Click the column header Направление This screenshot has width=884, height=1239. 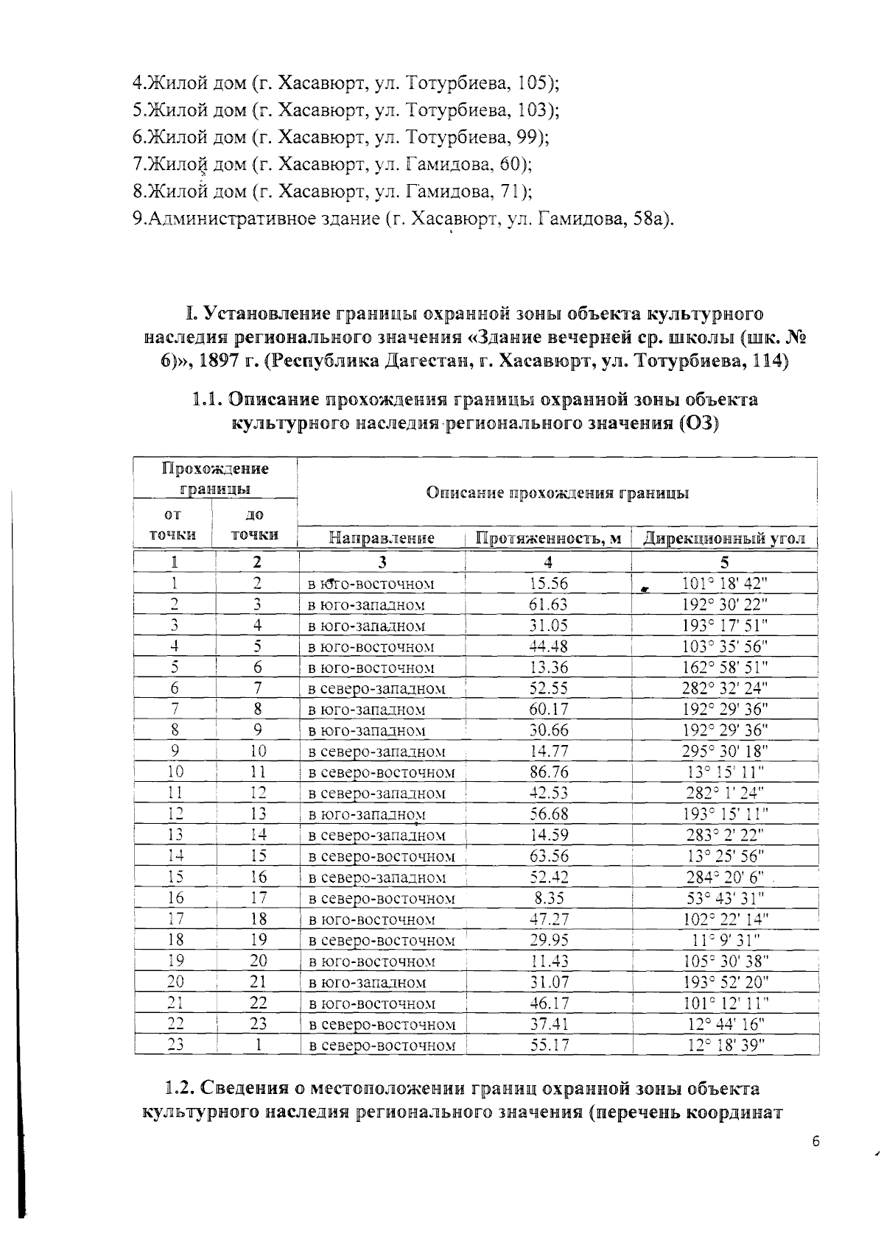pyautogui.click(x=382, y=539)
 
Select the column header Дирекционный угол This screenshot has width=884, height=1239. pyautogui.click(x=724, y=539)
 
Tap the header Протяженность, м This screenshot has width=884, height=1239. pyautogui.click(x=548, y=539)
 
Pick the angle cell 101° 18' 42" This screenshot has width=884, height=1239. pyautogui.click(x=725, y=584)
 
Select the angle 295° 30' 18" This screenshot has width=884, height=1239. pyautogui.click(x=725, y=752)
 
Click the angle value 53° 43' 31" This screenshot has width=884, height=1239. pyautogui.click(x=725, y=898)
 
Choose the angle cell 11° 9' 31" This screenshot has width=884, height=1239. pyautogui.click(x=725, y=940)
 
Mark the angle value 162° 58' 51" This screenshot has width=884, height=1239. pyautogui.click(x=725, y=668)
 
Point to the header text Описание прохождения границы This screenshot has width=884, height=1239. pyautogui.click(x=558, y=493)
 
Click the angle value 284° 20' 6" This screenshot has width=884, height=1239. pyautogui.click(x=725, y=878)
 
